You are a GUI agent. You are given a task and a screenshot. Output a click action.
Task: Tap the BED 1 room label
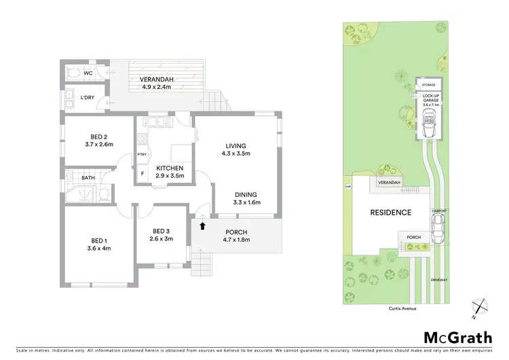coord(99,240)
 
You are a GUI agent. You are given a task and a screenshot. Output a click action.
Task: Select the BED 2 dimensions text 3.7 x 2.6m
coord(99,144)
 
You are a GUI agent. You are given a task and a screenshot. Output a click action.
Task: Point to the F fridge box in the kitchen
coord(143,173)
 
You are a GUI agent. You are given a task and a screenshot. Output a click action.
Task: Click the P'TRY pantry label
coord(142,155)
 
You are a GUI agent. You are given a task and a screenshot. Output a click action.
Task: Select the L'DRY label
coord(88,98)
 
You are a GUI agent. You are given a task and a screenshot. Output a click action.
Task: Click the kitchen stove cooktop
coord(143,139)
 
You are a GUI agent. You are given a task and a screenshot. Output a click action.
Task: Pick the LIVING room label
coord(235,145)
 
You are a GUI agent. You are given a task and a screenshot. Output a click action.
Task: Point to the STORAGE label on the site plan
coord(428,85)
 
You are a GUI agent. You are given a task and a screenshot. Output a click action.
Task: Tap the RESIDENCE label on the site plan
coord(390,213)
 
